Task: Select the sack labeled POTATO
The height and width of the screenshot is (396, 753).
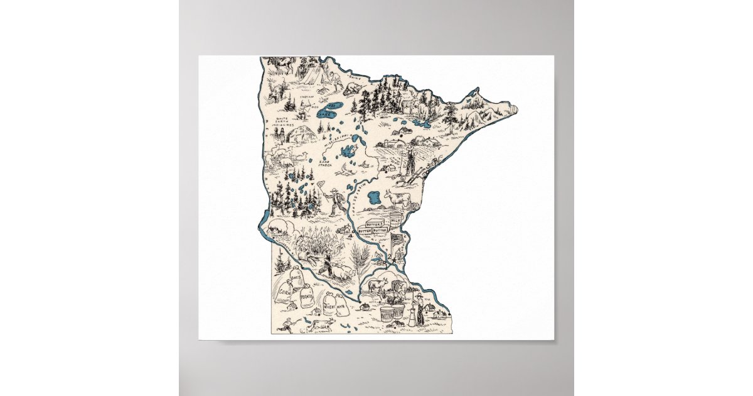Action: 307,295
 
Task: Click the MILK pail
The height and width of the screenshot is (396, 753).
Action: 395,221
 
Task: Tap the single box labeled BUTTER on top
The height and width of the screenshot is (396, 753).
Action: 374,223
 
